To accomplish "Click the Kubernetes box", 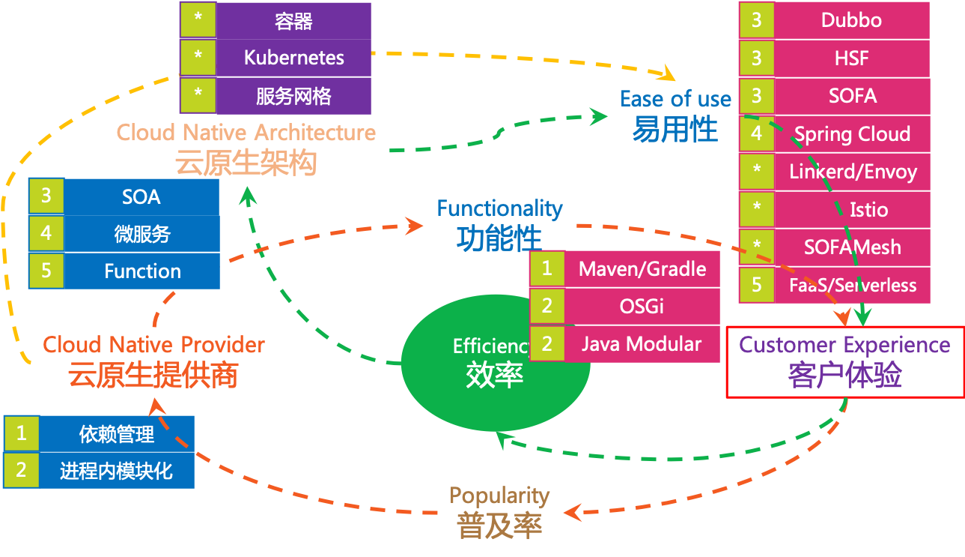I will pos(293,58).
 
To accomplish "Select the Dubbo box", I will pos(851,20).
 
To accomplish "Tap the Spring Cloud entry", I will pos(852,134).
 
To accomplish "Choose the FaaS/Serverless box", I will pos(852,285).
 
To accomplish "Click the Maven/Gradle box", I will pos(642,268).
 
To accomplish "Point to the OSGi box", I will pos(642,306).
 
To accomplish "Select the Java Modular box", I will pos(642,344).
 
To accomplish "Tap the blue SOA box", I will pos(141,196).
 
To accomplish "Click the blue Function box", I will pos(142,271).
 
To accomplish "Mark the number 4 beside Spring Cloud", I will pos(757,133).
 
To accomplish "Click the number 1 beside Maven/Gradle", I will pos(547,268).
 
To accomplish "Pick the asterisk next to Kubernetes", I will pos(198,58).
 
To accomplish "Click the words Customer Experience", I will pos(844,346).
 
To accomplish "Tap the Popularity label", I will pos(499,496).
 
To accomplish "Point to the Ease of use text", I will pos(675,100).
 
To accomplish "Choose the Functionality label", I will pos(499,208).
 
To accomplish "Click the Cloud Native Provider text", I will pos(153,345).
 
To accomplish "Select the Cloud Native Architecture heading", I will pos(246,133).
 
